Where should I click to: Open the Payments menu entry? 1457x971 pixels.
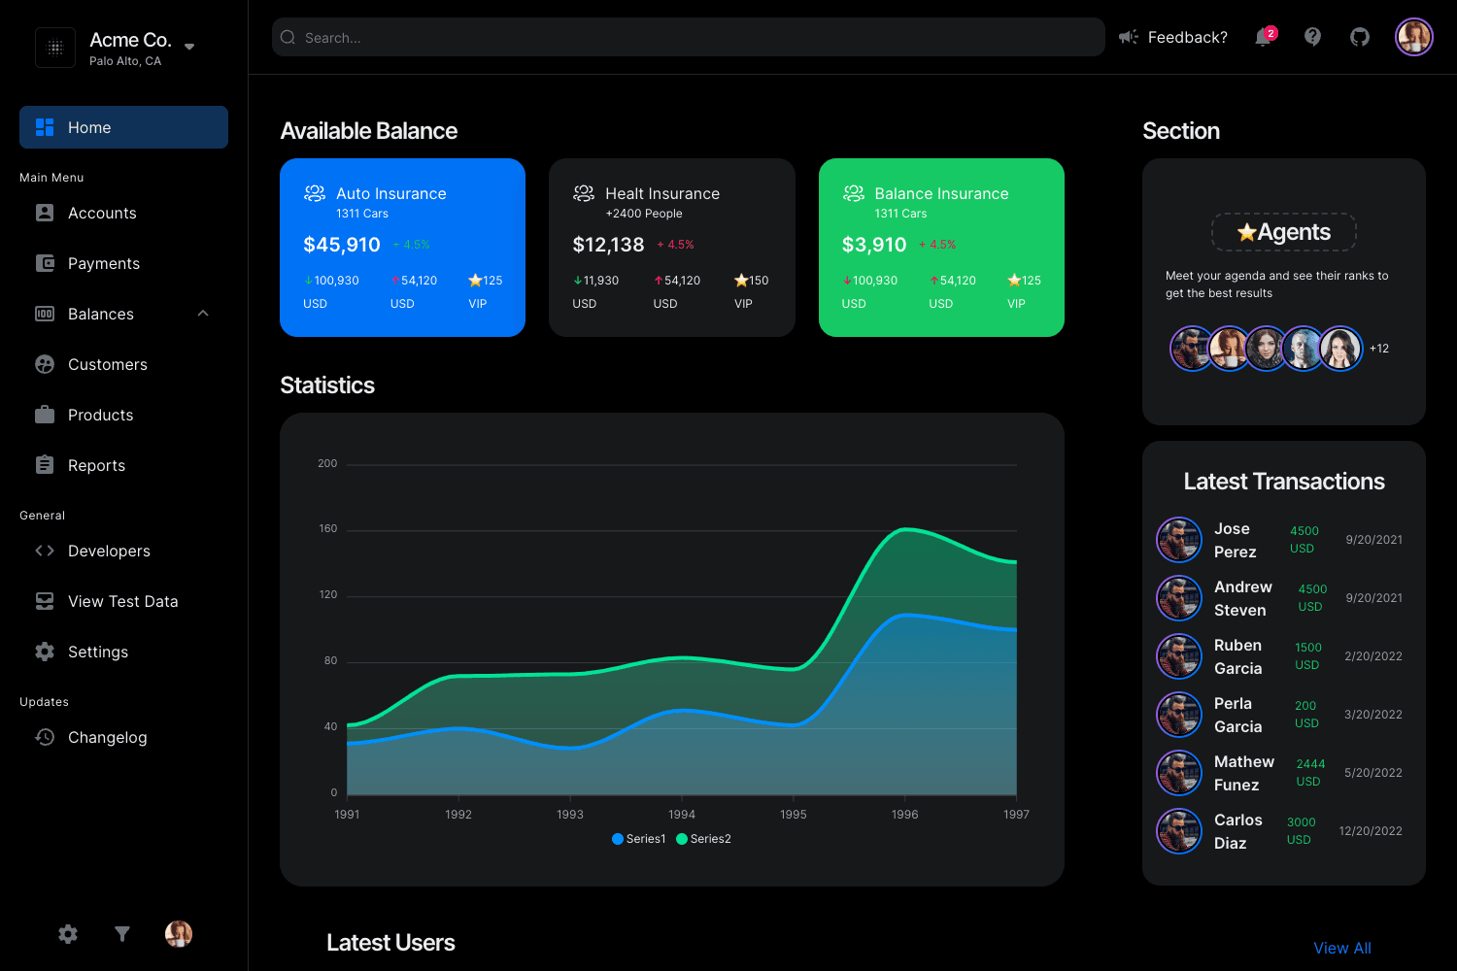tap(103, 263)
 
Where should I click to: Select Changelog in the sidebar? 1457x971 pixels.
tap(107, 737)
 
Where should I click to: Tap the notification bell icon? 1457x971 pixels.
tap(1263, 37)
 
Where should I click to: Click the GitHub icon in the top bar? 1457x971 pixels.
tap(1360, 37)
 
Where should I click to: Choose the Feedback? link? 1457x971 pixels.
tap(1187, 37)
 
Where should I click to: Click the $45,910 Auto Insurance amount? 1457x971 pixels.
tap(342, 245)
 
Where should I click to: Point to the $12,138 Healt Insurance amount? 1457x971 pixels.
tap(608, 245)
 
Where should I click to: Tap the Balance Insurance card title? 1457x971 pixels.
tap(941, 193)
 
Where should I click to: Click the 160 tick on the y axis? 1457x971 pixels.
tap(328, 529)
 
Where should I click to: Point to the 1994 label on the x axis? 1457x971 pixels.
tap(682, 815)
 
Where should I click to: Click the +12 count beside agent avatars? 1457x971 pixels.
tap(1379, 349)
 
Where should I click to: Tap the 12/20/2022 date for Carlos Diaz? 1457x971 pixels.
tap(1371, 831)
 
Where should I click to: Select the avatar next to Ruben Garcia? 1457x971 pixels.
tap(1179, 656)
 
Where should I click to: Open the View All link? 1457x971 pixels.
tap(1342, 948)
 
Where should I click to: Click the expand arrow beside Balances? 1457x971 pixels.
tap(203, 314)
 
